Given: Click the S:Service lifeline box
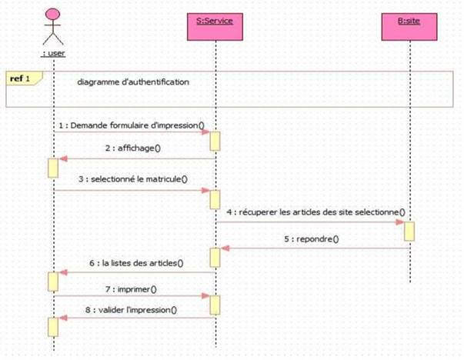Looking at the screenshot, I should pyautogui.click(x=215, y=22).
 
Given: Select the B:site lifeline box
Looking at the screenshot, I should pyautogui.click(x=409, y=22).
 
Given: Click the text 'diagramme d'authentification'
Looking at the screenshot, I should pyautogui.click(x=133, y=82).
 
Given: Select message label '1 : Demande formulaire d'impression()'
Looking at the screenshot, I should pyautogui.click(x=131, y=125).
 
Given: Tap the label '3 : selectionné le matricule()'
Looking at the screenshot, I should pyautogui.click(x=133, y=180).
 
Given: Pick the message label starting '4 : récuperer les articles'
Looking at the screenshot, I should pyautogui.click(x=315, y=212).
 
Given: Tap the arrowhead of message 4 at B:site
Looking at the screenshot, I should pyautogui.click(x=400, y=222).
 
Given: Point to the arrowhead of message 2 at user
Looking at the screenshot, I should pyautogui.click(x=62, y=158).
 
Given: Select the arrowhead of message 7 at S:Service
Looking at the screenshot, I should pyautogui.click(x=206, y=296).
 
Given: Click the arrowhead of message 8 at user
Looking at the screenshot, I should pyautogui.click(x=62, y=318).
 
